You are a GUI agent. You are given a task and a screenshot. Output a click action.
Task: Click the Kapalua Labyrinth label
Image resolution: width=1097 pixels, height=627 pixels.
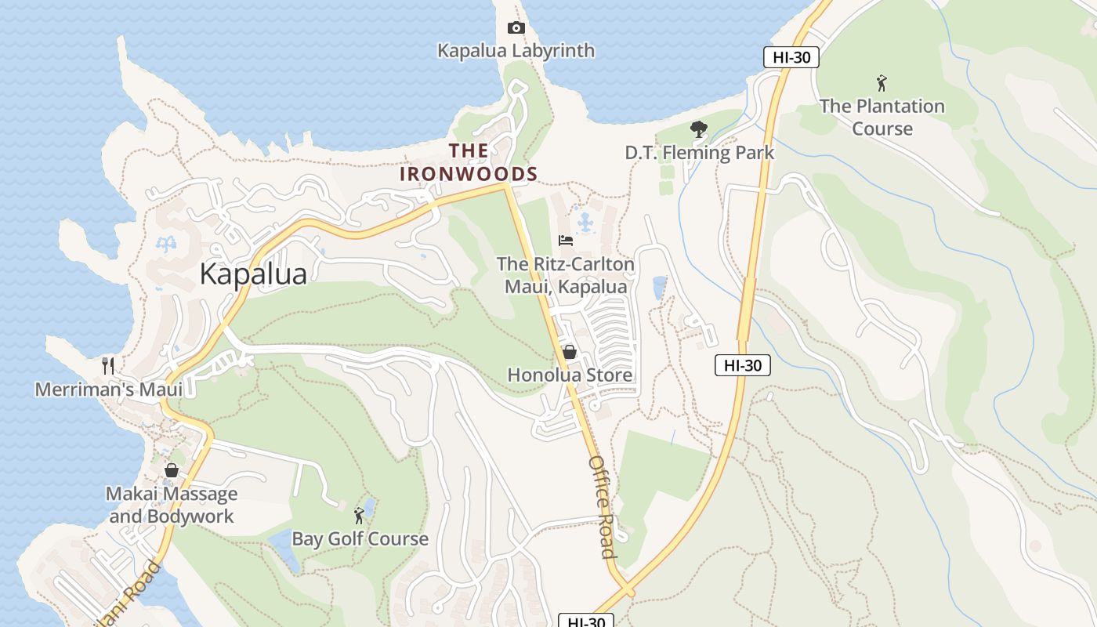(516, 51)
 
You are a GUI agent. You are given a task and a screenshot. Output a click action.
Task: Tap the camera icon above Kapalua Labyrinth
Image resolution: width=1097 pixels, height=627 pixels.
(516, 28)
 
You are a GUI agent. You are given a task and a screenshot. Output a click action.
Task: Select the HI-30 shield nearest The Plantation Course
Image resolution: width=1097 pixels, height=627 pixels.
(791, 56)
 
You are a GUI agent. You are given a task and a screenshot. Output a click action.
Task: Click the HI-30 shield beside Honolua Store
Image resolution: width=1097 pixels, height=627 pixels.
(742, 364)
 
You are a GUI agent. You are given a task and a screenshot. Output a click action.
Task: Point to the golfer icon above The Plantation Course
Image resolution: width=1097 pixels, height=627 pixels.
(882, 82)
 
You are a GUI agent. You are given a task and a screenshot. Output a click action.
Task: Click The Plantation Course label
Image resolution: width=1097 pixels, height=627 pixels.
(882, 117)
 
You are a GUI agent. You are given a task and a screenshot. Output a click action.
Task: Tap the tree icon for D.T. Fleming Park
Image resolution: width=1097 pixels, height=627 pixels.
(698, 129)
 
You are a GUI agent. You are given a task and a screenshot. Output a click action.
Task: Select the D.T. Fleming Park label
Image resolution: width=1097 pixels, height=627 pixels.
(699, 153)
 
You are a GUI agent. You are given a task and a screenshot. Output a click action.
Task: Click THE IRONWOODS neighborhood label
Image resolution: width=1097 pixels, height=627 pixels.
(469, 162)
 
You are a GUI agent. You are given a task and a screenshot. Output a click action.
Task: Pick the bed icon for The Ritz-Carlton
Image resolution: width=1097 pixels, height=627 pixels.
(566, 240)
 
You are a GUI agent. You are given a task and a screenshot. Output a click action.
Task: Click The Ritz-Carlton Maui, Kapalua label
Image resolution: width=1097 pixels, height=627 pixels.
(566, 275)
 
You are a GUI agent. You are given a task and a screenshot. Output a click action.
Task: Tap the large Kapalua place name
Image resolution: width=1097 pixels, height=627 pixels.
(253, 274)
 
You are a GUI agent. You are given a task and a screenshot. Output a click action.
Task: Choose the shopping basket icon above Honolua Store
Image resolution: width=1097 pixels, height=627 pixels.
(570, 352)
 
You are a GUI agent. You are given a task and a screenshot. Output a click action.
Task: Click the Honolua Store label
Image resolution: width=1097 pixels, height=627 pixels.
(570, 375)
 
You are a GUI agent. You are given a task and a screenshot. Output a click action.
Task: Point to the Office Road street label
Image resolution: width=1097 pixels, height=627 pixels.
(602, 506)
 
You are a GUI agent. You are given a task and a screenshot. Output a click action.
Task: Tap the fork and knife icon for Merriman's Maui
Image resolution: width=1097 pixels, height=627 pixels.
(108, 365)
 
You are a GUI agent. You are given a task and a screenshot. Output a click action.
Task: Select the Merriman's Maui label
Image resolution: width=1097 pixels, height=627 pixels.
(109, 389)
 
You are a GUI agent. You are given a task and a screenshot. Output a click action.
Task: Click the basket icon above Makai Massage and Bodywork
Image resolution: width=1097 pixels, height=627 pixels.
(172, 470)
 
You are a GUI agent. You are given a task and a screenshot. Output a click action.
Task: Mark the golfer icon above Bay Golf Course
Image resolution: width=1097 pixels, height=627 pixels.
(360, 516)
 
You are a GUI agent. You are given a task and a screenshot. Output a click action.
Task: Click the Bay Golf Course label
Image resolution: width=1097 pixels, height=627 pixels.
(360, 539)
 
